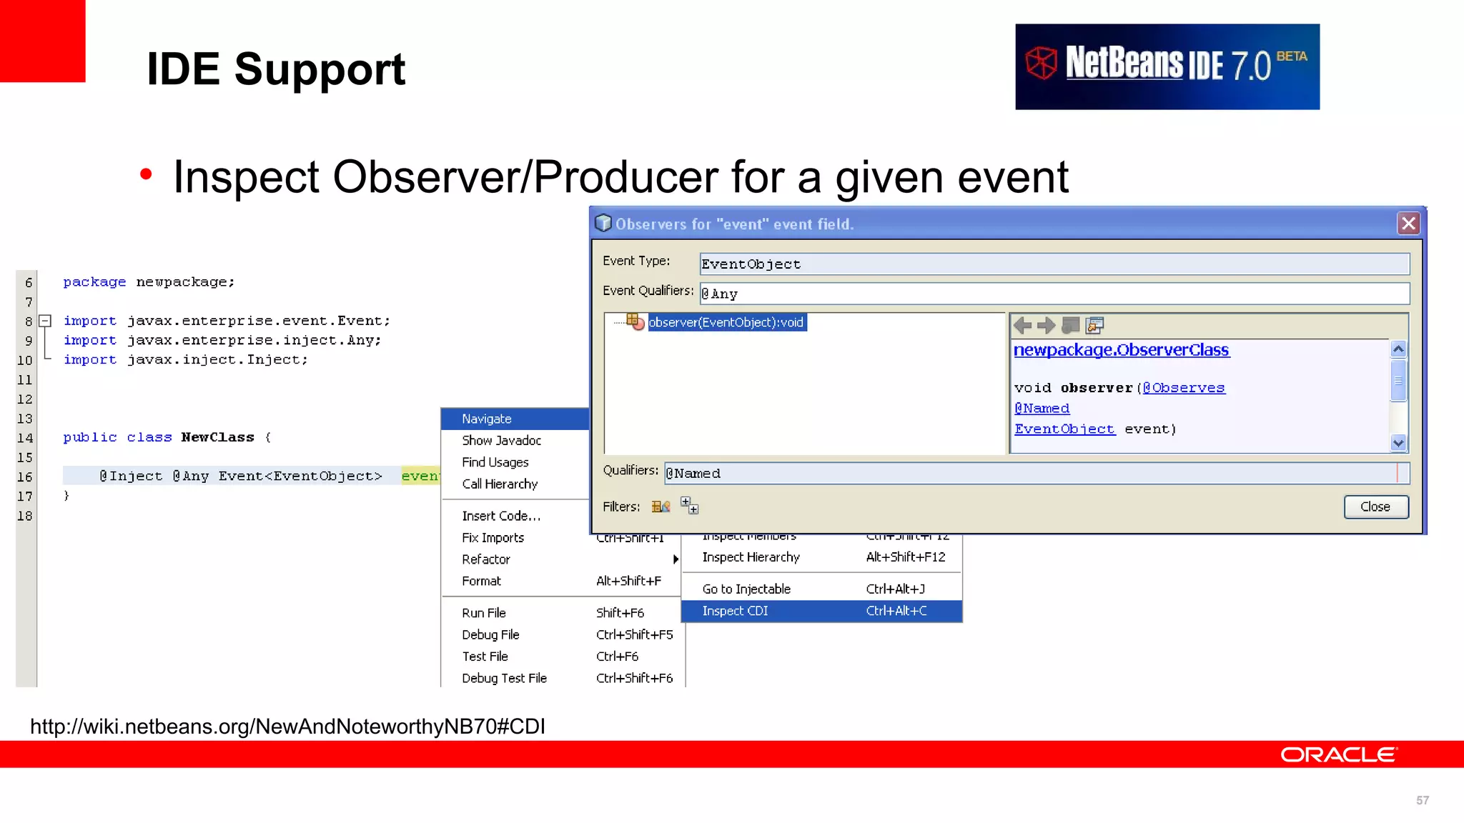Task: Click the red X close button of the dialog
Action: (x=1408, y=224)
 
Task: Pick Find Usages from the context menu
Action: (x=495, y=462)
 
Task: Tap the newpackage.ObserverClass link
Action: (x=1121, y=350)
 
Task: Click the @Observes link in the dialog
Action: (x=1184, y=388)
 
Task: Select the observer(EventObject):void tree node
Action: (x=726, y=322)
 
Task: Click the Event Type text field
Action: (x=1054, y=264)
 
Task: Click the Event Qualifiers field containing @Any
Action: (x=1054, y=294)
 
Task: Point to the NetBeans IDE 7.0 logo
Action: (x=1167, y=66)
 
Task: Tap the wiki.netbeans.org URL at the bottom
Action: (x=287, y=727)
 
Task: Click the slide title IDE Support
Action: (x=276, y=69)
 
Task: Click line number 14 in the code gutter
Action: (x=25, y=438)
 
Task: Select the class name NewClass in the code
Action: (x=217, y=437)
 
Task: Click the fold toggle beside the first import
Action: (x=45, y=321)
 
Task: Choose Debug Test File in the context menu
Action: (x=504, y=678)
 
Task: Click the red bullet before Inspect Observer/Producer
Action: (x=147, y=174)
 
